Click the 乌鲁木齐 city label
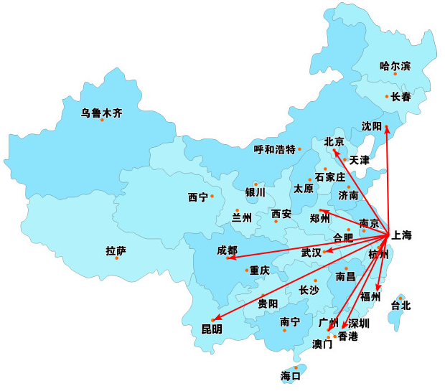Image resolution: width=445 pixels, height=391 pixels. coord(101,113)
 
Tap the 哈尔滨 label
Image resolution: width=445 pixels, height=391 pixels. coord(395,66)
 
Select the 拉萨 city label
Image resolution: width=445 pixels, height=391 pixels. coord(116,251)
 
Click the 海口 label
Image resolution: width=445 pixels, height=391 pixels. coord(291,376)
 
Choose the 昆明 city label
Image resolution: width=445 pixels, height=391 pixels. coord(212,329)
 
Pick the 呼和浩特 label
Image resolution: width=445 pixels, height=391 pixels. coord(275,149)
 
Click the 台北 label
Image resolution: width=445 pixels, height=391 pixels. coord(400,305)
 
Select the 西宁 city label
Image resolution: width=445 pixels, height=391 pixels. coord(197,197)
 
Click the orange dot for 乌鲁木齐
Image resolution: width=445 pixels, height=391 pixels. coord(102,120)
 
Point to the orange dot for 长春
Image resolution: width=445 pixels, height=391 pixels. coord(387,96)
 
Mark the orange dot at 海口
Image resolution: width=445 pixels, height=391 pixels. coord(295,368)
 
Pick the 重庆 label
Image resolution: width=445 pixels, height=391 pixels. coord(259,270)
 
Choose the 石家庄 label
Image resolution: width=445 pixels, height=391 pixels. coord(330,176)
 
